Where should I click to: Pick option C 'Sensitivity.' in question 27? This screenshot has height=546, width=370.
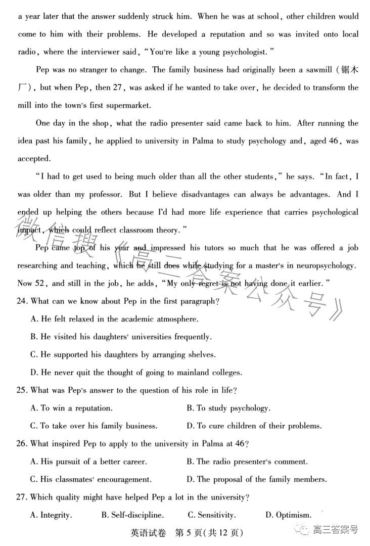coord(211,515)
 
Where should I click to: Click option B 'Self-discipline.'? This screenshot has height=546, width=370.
coord(132,515)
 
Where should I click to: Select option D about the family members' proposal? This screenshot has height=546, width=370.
coord(256,479)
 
